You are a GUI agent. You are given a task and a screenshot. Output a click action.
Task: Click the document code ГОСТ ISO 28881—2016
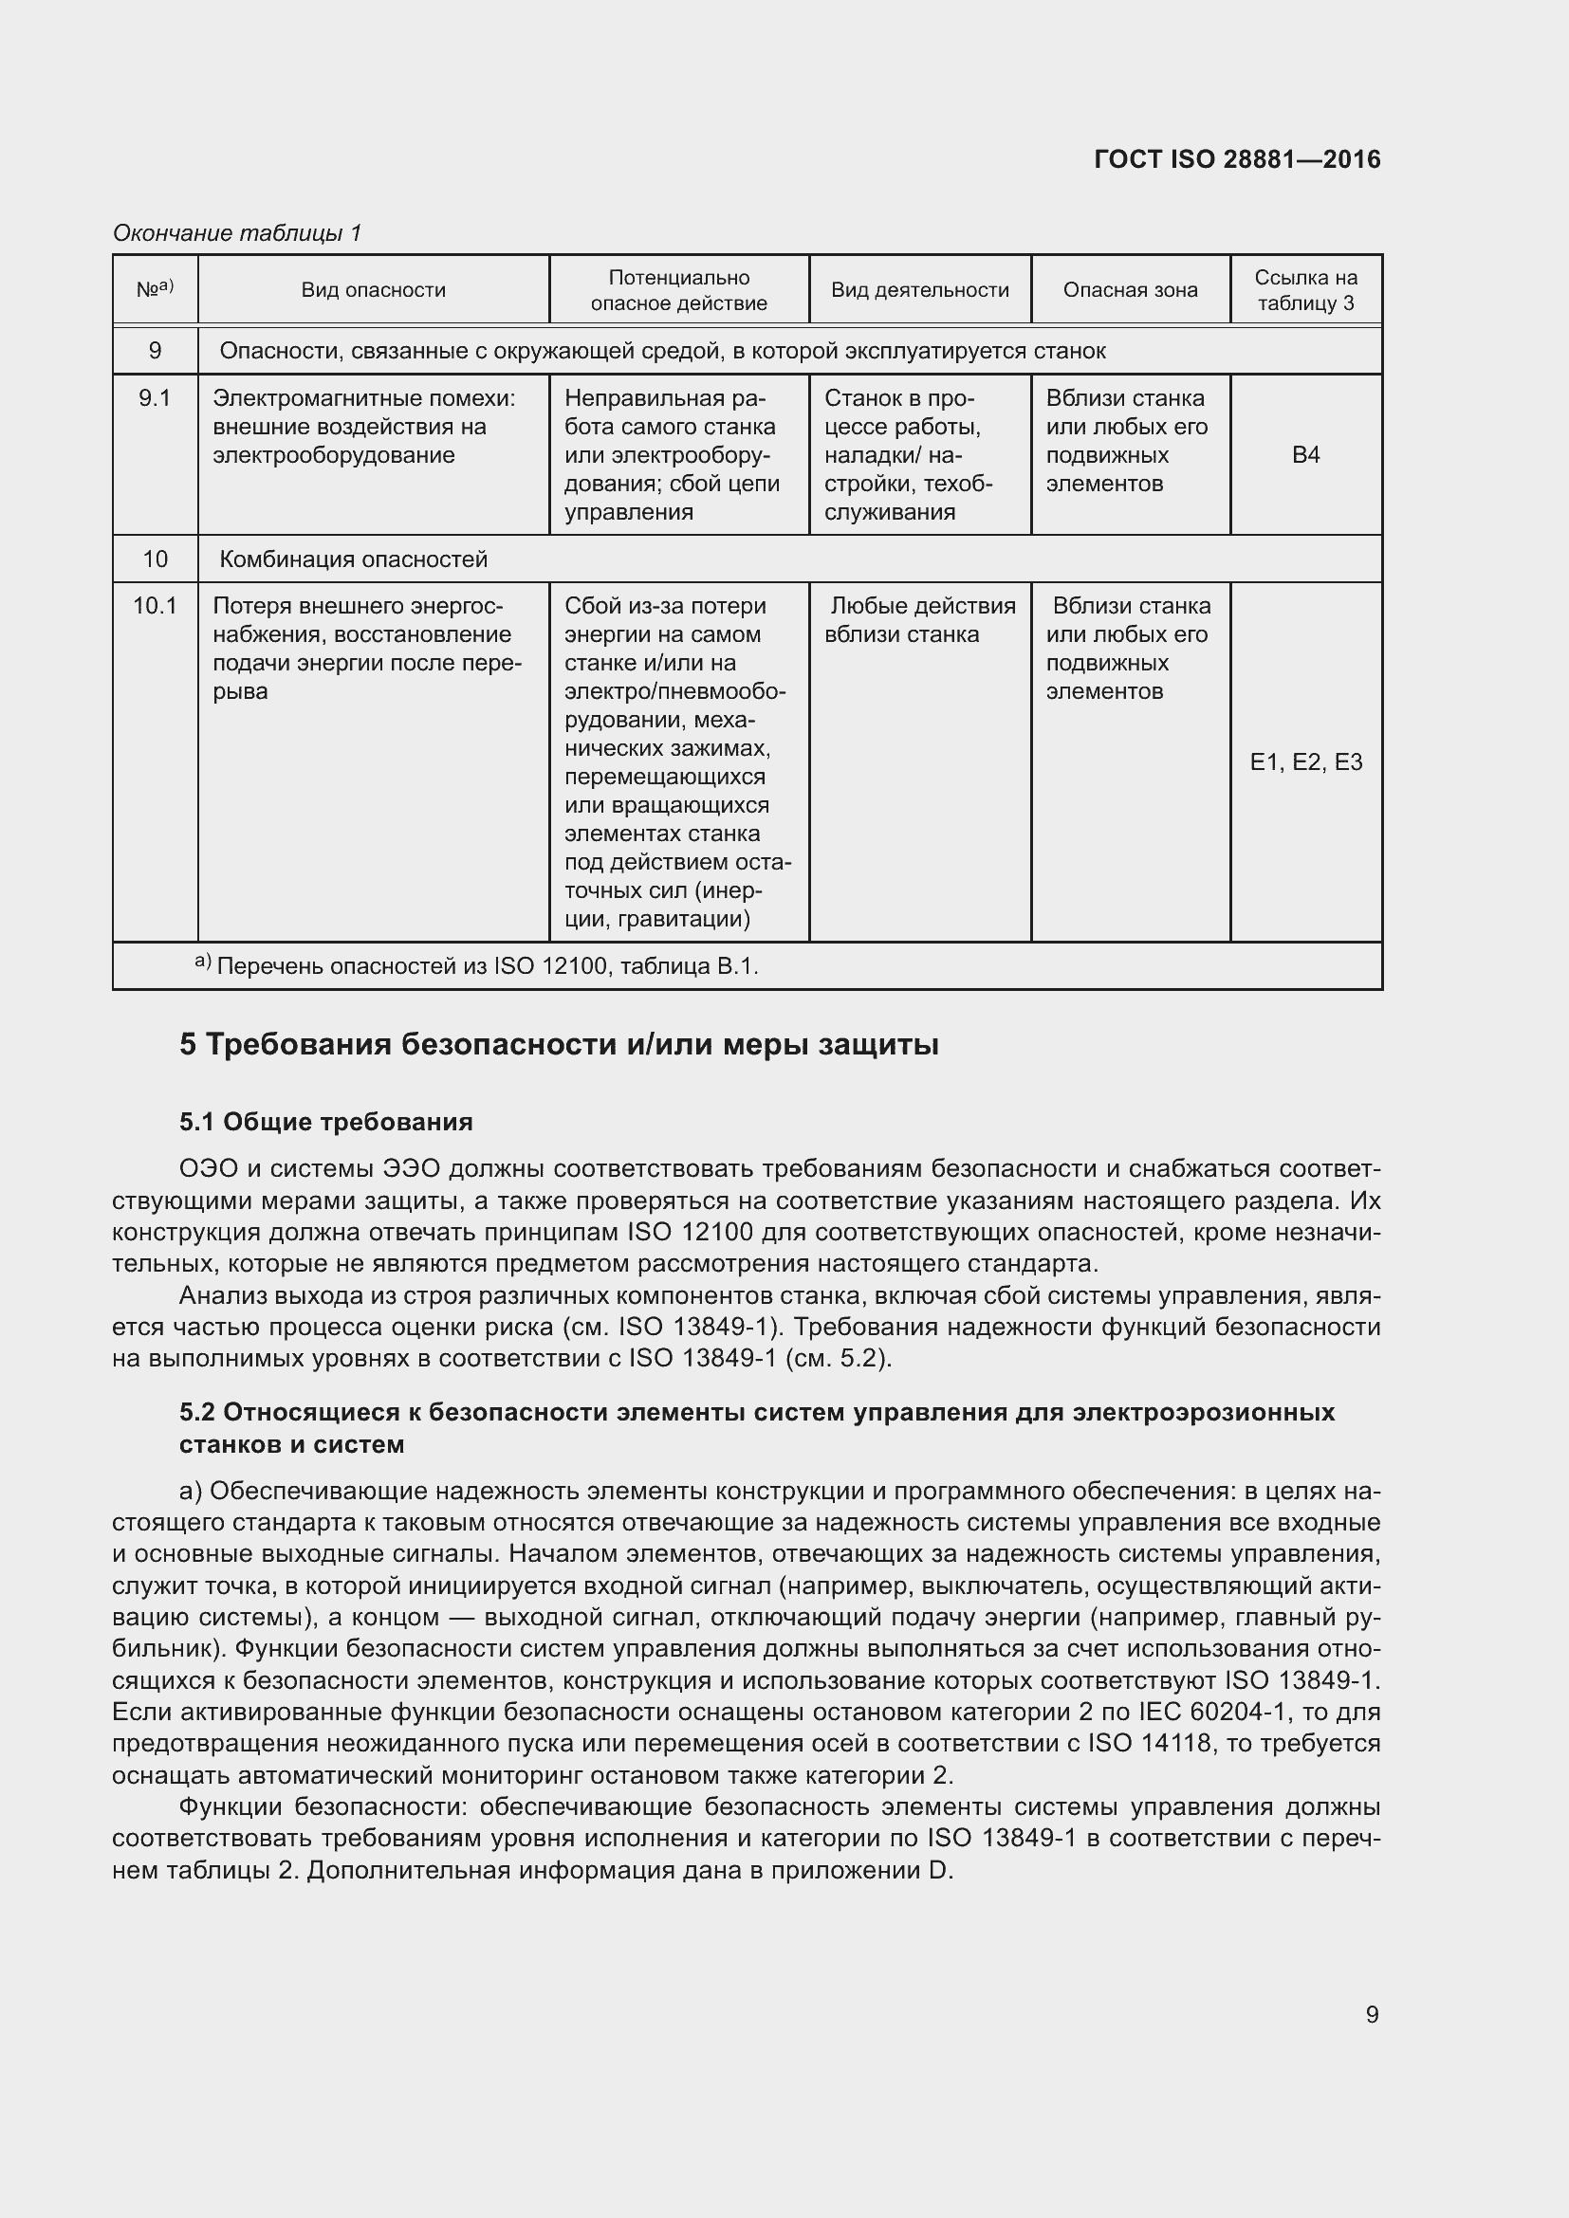click(x=1237, y=159)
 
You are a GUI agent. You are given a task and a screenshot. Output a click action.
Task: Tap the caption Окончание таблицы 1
click(x=237, y=233)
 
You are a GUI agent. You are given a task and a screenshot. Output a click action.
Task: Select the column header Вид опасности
click(x=373, y=290)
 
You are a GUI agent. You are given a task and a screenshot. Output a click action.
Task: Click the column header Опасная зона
click(x=1131, y=290)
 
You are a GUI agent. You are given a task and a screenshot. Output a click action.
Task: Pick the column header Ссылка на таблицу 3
click(x=1305, y=290)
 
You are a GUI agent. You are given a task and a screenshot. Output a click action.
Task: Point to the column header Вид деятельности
click(x=920, y=290)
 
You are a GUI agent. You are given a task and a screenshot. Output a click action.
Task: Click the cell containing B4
click(x=1305, y=455)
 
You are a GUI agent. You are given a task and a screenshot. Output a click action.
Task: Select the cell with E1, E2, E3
click(x=1305, y=762)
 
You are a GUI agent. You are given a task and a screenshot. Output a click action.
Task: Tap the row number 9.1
click(x=155, y=399)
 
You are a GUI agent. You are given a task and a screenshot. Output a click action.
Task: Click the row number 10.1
click(x=155, y=607)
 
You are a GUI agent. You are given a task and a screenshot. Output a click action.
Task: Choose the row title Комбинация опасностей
click(x=354, y=559)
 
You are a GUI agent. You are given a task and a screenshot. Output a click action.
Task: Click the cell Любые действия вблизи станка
click(x=920, y=620)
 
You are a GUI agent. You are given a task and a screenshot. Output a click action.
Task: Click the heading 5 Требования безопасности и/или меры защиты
click(x=559, y=1045)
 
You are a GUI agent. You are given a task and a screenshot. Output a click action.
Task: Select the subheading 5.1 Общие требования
click(x=325, y=1122)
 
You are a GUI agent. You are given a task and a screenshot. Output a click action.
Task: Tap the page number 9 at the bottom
click(x=1372, y=2014)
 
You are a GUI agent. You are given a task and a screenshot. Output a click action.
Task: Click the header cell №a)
click(x=155, y=289)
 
